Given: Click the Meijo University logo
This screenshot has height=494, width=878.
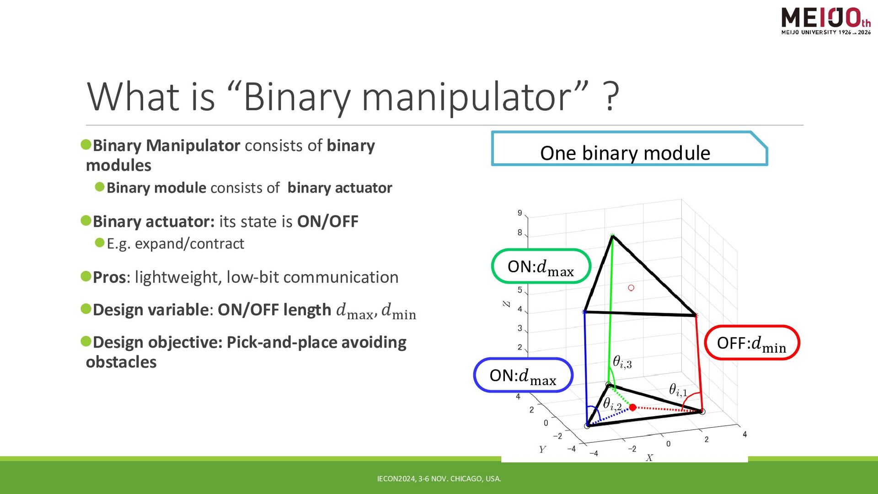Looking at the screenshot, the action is [x=826, y=21].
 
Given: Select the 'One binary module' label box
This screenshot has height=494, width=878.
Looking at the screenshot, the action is [x=629, y=149].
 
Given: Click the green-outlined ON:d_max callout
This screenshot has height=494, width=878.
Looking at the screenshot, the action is [x=541, y=266].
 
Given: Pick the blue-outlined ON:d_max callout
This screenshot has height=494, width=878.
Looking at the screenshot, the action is [x=523, y=375].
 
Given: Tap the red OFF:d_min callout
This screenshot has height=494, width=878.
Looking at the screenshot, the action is [x=752, y=343].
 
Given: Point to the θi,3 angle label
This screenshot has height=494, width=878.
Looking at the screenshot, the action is [x=622, y=362].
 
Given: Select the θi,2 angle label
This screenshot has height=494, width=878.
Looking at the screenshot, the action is [x=612, y=404].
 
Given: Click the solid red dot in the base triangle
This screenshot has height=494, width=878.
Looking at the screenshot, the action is [x=632, y=407].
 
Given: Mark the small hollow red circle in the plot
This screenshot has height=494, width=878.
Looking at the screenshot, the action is [x=631, y=288].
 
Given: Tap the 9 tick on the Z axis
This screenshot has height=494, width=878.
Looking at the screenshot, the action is [x=519, y=213].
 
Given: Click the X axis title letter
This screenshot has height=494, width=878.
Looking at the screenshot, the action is [x=649, y=457].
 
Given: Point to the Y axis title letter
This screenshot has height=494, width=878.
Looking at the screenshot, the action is [x=542, y=449].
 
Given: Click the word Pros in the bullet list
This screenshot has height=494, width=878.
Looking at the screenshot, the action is [x=109, y=277].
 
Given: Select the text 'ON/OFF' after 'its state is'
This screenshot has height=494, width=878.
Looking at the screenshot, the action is [x=327, y=221].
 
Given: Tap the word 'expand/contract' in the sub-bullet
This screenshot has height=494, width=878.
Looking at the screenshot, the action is [x=189, y=244].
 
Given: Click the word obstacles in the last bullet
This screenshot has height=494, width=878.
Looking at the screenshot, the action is [x=121, y=362].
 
